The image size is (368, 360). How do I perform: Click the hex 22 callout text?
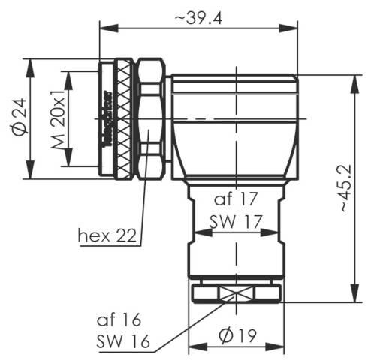click(107, 235)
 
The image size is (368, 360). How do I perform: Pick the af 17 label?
click(236, 199)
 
